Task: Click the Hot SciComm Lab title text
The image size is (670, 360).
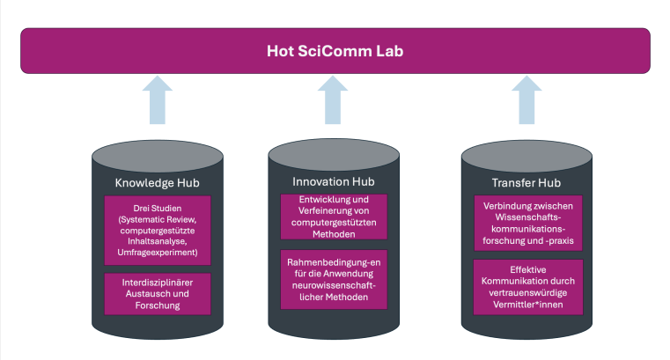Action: [x=335, y=50]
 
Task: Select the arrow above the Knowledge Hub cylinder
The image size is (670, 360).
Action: [x=157, y=99]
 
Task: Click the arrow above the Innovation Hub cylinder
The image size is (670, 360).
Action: [x=334, y=99]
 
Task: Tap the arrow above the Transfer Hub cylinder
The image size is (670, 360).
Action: [x=526, y=99]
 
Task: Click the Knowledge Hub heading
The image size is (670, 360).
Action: [x=157, y=184]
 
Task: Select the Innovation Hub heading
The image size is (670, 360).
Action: [x=334, y=182]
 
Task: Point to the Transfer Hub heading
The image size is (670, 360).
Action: [x=526, y=183]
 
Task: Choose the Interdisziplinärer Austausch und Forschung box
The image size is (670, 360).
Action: [x=158, y=293]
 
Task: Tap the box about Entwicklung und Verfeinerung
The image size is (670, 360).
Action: [x=334, y=217]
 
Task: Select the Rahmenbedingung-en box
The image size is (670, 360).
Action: [x=334, y=280]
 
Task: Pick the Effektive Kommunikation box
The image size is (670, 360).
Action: [x=526, y=286]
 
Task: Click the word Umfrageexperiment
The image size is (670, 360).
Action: [x=158, y=252]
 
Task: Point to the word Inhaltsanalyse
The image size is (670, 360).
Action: [x=158, y=240]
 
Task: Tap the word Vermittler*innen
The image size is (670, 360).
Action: [x=526, y=305]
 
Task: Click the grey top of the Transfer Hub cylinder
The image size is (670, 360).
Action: [x=526, y=156]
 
